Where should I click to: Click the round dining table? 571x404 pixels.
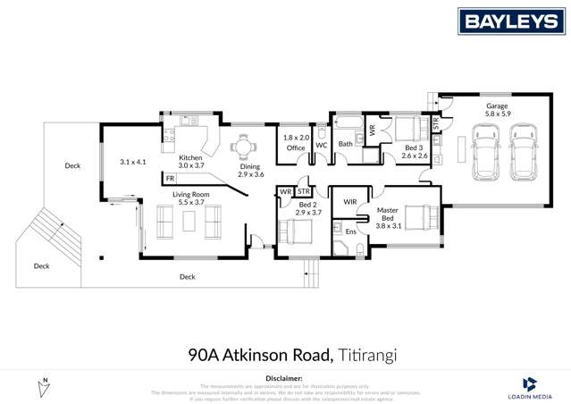click(242, 146)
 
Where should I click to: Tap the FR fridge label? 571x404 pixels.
click(170, 179)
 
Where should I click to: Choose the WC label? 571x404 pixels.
click(322, 145)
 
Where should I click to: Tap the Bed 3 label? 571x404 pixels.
click(412, 147)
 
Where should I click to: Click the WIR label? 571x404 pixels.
click(351, 202)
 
